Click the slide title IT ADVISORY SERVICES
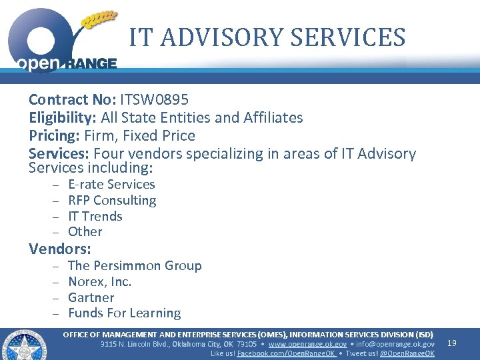pos(267,37)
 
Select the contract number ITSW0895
pos(154,100)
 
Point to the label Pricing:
pos(55,136)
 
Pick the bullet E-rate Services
pos(111,185)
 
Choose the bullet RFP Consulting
pos(112,200)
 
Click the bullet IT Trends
pos(95,216)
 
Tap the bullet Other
pos(85,232)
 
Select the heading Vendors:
pos(60,249)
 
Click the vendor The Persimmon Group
pos(135,266)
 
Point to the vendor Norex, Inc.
pos(100,282)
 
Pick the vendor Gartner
pos(91,298)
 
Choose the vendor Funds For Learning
pos(125,313)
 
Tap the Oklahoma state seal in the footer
pos(25,345)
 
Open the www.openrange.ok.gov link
pos(307,344)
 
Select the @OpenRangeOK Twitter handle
pos(407,353)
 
